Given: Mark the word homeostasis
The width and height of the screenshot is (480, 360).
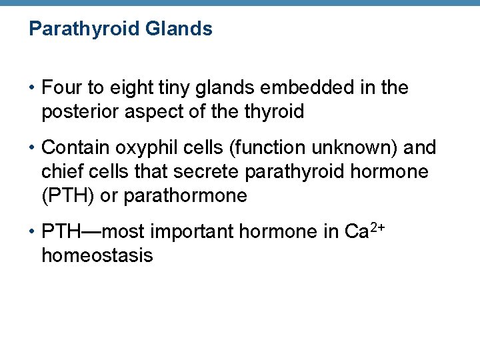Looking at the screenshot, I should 97,256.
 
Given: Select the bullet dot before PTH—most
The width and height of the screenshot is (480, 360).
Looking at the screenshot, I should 32,233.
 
